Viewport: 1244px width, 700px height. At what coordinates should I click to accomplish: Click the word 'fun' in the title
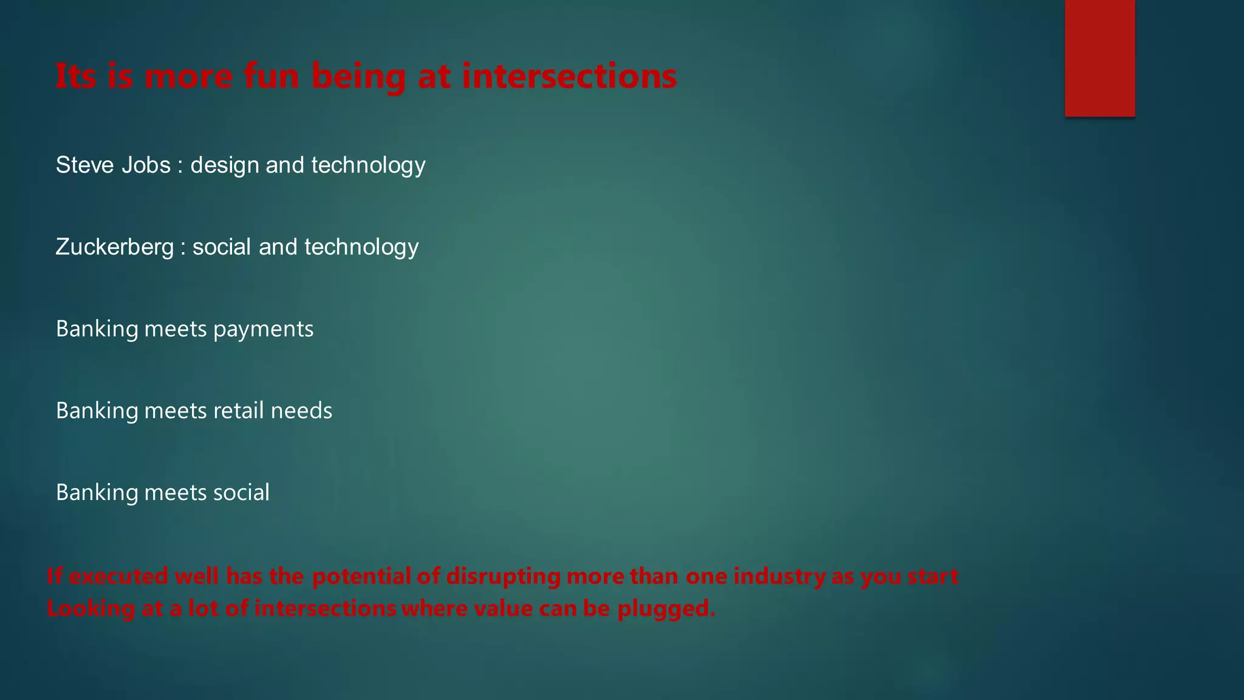(x=271, y=77)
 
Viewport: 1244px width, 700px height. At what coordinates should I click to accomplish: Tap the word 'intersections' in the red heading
(x=569, y=77)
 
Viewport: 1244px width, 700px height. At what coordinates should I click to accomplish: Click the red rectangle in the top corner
(x=1099, y=58)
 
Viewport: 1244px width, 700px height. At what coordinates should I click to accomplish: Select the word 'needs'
(x=302, y=411)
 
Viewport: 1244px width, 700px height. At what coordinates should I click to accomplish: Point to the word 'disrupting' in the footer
(x=503, y=576)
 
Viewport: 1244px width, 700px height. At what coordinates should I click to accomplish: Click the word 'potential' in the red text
(x=362, y=576)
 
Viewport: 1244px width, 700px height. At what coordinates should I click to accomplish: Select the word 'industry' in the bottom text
(x=779, y=576)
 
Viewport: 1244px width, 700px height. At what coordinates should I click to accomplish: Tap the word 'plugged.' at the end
(x=666, y=609)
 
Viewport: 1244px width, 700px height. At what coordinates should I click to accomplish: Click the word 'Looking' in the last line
(x=91, y=609)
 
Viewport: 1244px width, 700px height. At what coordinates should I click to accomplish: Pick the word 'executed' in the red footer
(x=118, y=576)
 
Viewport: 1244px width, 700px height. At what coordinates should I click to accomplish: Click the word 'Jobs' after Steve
(x=146, y=165)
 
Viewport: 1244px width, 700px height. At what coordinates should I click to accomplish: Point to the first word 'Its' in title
(x=76, y=77)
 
